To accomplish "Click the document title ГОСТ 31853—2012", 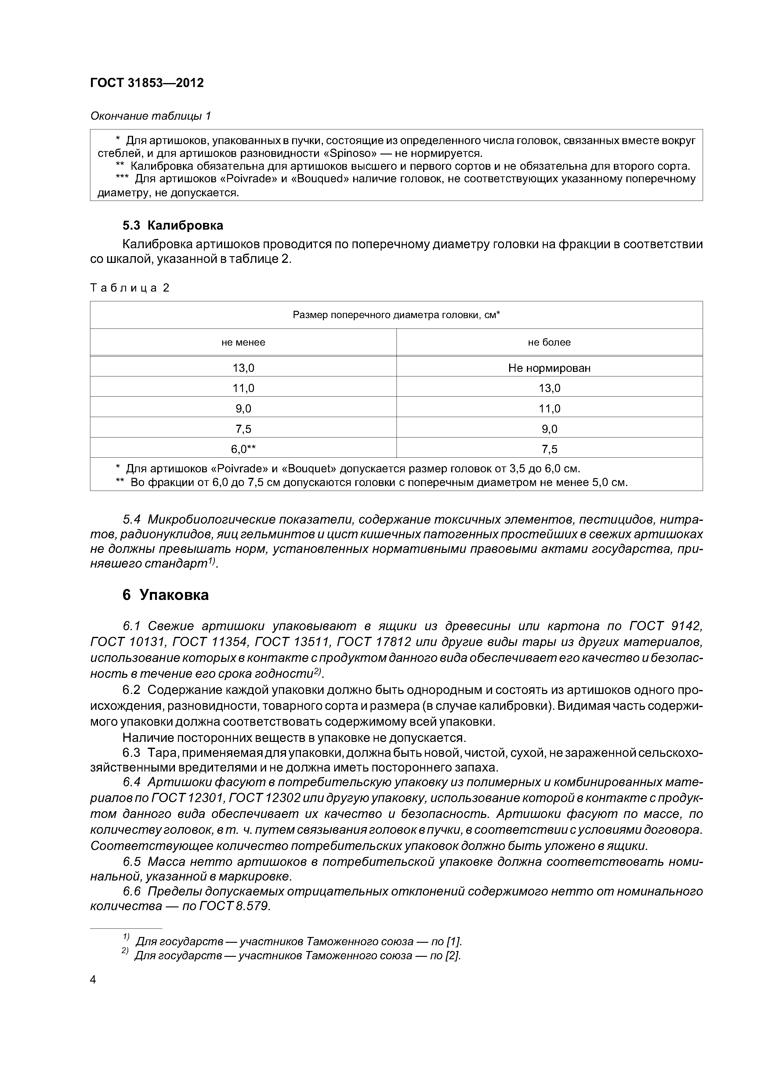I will coord(147,83).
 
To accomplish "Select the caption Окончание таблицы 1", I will coord(150,116).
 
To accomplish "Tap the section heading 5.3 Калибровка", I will coord(172,225).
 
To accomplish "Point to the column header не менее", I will coord(243,342).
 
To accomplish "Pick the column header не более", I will coord(549,342).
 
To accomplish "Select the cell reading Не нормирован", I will coord(549,368).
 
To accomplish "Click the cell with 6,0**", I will coord(243,449).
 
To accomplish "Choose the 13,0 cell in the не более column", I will coord(549,388).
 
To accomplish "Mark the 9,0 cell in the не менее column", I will coord(243,408).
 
